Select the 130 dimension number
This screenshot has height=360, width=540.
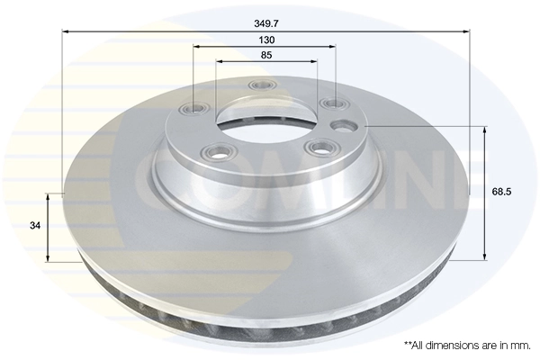266,40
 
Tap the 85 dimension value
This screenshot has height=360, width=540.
266,55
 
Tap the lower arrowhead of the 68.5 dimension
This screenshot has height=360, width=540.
487,258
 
